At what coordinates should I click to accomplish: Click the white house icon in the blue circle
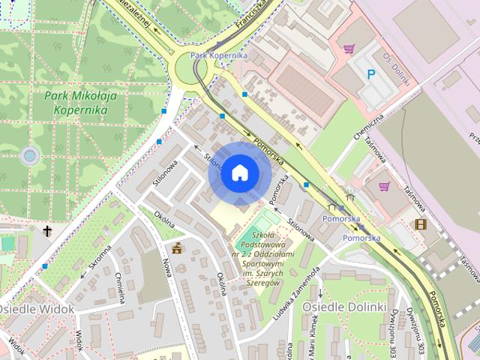239,172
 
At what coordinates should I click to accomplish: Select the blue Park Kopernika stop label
218,55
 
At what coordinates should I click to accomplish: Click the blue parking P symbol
370,73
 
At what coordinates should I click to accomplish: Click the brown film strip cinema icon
420,224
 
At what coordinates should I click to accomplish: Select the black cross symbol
48,231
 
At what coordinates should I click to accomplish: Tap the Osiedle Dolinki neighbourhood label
343,307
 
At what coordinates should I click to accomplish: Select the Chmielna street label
120,286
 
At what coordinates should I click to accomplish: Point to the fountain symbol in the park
30,156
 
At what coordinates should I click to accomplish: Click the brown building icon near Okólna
177,249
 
